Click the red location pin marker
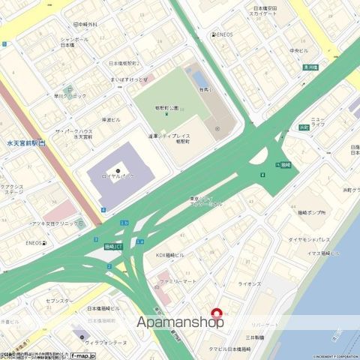[218, 313]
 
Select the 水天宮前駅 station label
[22, 142]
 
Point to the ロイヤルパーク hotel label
[118, 178]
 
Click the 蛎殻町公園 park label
[166, 108]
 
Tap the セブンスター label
[59, 301]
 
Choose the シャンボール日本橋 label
[73, 42]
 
